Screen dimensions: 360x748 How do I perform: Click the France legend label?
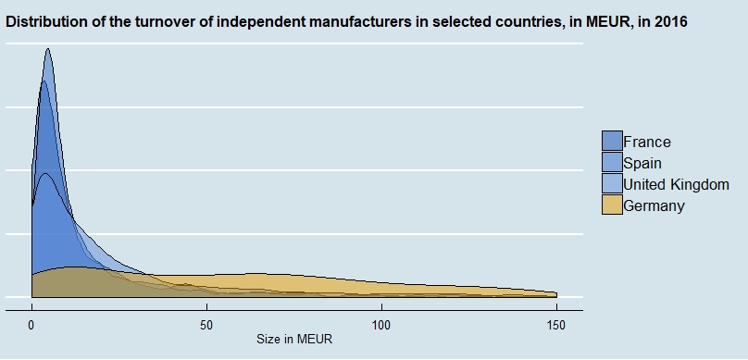tap(647, 142)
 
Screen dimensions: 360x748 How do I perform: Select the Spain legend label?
tap(642, 163)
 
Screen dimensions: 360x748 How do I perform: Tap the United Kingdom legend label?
tap(676, 184)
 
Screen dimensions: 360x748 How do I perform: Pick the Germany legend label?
tap(654, 205)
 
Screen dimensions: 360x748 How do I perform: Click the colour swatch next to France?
tap(612, 142)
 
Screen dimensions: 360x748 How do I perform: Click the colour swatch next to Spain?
tap(612, 163)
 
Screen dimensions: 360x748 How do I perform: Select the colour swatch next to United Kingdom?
tap(612, 184)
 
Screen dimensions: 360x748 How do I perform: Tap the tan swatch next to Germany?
tap(612, 205)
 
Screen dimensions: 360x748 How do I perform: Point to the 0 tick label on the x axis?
tap(32, 326)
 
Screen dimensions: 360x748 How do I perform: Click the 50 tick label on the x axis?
tap(206, 326)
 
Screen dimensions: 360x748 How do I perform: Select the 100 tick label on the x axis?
tap(380, 326)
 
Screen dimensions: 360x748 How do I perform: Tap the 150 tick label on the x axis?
tap(555, 326)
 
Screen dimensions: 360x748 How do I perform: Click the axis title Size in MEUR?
tap(294, 341)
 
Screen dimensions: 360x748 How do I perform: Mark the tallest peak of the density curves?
tap(47, 50)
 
